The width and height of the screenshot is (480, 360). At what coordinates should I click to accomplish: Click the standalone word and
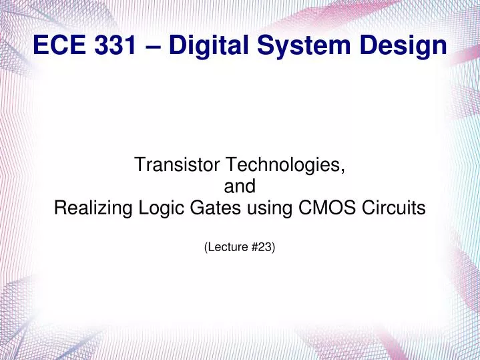click(x=240, y=187)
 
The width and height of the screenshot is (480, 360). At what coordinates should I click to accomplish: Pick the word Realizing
click(x=91, y=210)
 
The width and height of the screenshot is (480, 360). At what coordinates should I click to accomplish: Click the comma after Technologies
click(x=343, y=170)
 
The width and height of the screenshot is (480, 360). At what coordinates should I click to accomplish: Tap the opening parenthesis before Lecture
click(x=205, y=248)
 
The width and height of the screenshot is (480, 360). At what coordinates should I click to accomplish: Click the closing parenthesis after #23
click(x=274, y=248)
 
